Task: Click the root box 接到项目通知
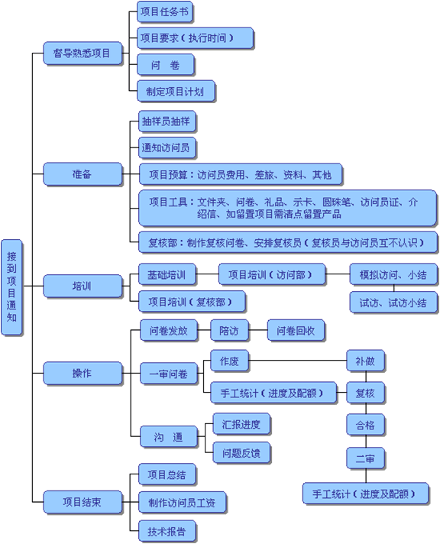point(11,287)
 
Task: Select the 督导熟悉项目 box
point(82,53)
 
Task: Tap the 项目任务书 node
point(165,11)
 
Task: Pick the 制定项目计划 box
point(176,91)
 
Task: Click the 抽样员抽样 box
point(167,121)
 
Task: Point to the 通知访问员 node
point(167,147)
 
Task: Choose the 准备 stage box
point(82,173)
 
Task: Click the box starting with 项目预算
point(241,174)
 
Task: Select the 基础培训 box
point(167,275)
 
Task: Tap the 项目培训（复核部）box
point(192,302)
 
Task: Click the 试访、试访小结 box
point(393,303)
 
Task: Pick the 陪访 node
point(229,330)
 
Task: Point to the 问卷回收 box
point(296,330)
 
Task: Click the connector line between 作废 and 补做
point(298,361)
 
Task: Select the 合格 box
point(365,425)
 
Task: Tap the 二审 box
point(365,458)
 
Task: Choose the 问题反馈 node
point(241,453)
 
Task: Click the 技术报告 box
point(167,531)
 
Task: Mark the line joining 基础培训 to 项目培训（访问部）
point(207,274)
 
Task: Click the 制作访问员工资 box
point(182,502)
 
